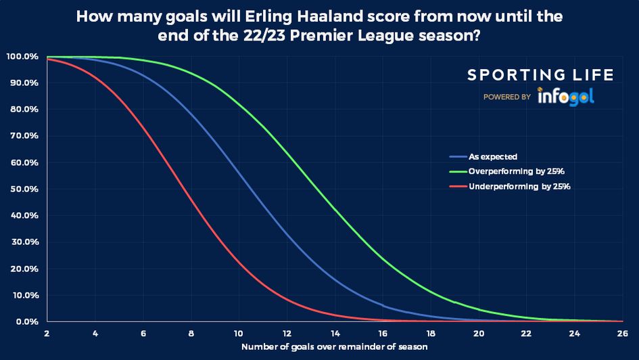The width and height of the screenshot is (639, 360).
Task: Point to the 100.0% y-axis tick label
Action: click(24, 56)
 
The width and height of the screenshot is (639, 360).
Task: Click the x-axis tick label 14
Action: click(335, 334)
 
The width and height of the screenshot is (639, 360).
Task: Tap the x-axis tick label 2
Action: click(47, 334)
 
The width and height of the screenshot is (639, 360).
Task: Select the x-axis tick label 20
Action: click(479, 334)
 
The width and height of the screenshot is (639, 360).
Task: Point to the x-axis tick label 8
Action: click(191, 334)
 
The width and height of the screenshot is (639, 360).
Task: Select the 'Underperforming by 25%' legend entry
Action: click(519, 186)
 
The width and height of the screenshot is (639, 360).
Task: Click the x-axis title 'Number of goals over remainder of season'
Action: click(335, 347)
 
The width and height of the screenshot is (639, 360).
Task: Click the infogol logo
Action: click(565, 97)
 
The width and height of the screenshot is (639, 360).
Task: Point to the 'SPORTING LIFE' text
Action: click(540, 75)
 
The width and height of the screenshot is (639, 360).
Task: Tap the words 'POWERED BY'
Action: click(506, 97)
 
